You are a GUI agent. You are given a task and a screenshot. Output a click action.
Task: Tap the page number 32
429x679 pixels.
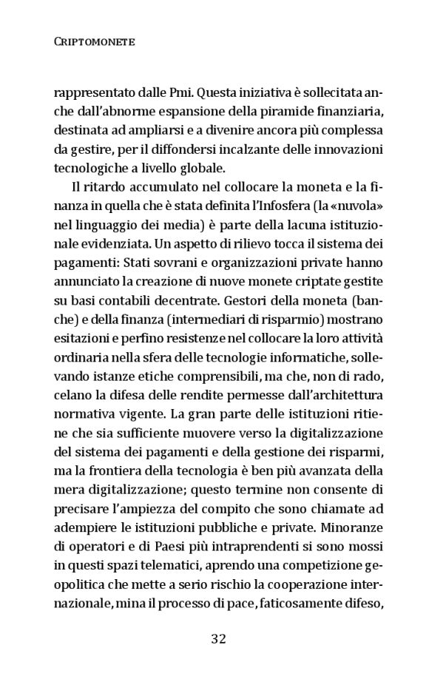pos(217,638)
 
